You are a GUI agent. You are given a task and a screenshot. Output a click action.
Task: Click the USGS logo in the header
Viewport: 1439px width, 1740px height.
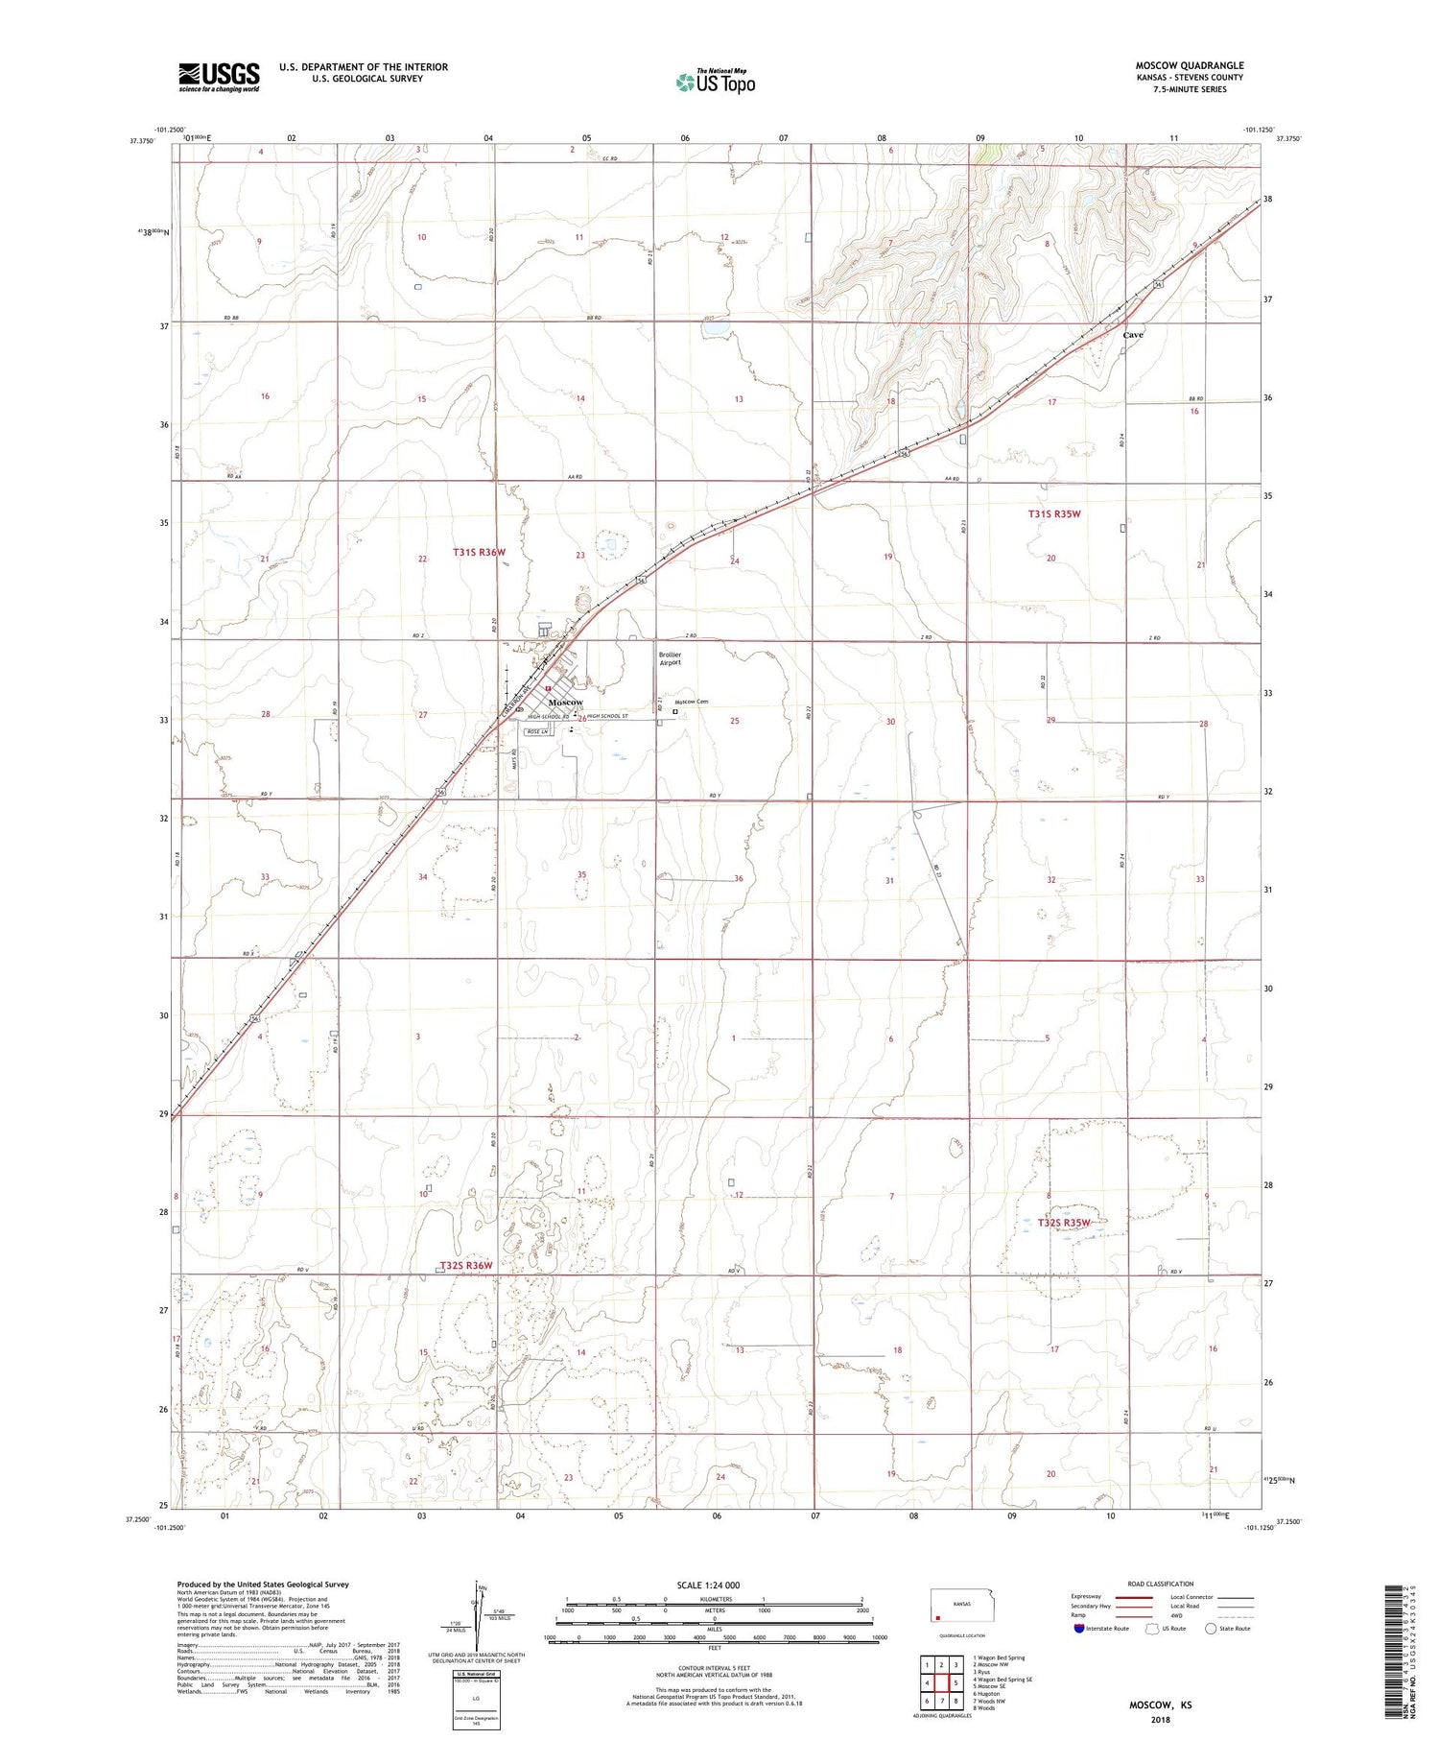[219, 77]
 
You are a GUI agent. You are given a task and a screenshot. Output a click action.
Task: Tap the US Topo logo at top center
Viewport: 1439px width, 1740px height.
[715, 83]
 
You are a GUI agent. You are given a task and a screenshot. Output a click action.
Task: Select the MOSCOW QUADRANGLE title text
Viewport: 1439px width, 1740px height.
[1189, 66]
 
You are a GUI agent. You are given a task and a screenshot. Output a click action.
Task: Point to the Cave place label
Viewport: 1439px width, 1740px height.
[1133, 335]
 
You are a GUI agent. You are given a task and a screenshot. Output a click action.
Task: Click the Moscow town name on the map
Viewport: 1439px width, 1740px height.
[565, 703]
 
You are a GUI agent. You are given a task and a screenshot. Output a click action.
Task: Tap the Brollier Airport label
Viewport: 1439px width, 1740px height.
[670, 658]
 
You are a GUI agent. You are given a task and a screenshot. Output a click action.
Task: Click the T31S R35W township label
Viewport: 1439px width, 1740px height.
[1054, 514]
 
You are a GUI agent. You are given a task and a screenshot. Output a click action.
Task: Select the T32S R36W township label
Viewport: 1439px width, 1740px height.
[466, 1266]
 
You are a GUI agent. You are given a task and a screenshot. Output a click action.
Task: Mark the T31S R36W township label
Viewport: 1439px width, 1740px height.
[479, 553]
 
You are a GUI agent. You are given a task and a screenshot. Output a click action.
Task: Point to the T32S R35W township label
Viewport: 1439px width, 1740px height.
[1064, 1223]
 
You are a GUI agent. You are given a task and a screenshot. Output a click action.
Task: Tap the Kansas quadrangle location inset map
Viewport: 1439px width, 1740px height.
[955, 1609]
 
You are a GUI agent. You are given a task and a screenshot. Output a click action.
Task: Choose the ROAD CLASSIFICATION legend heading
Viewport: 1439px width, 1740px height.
[1160, 1584]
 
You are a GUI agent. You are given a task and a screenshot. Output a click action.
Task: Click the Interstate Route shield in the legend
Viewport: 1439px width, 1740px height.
[1080, 1629]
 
